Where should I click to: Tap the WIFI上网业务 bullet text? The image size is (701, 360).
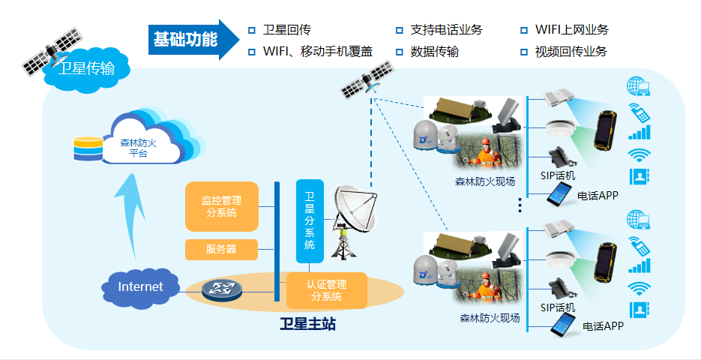(571, 30)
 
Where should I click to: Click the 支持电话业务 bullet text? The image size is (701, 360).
(446, 30)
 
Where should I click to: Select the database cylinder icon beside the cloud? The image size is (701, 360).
(88, 148)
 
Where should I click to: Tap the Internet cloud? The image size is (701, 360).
(140, 286)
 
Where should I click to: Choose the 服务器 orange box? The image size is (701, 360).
(221, 249)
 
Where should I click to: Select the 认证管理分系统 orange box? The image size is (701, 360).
(327, 290)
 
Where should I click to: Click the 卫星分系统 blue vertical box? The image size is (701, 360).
(310, 220)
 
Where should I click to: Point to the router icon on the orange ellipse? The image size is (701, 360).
(222, 290)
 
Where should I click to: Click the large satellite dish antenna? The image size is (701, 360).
(352, 214)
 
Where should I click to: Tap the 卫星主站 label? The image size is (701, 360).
(307, 325)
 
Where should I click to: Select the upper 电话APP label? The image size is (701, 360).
(598, 196)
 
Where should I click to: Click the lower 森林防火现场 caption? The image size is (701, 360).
(490, 317)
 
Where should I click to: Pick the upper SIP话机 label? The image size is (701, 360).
(558, 175)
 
